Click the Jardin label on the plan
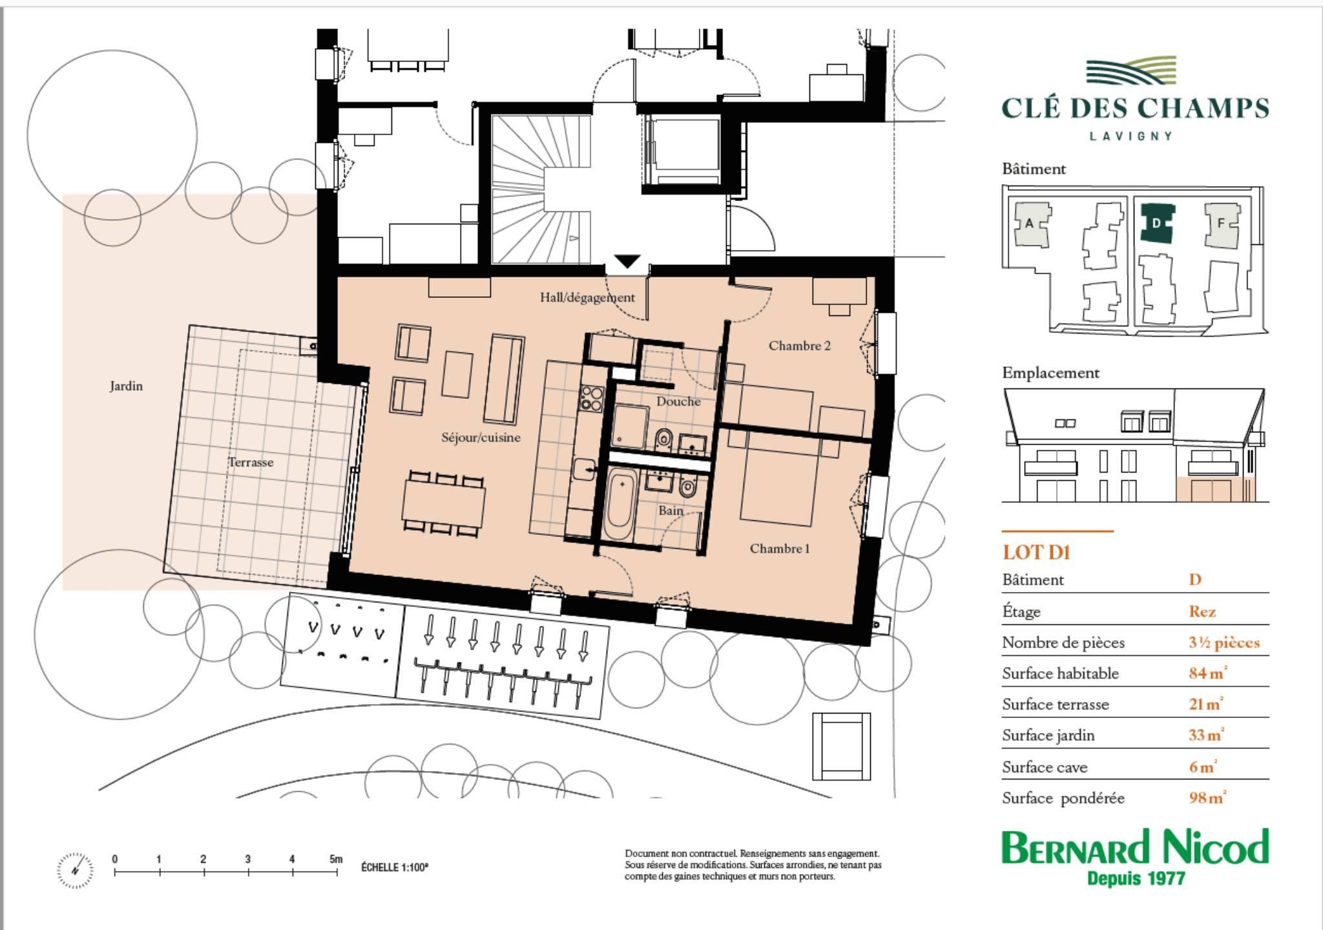pyautogui.click(x=126, y=386)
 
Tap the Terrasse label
pyautogui.click(x=251, y=462)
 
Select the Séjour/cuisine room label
pyautogui.click(x=481, y=438)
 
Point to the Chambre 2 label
pyautogui.click(x=799, y=346)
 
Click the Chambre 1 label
pyautogui.click(x=779, y=549)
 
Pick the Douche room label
pyautogui.click(x=678, y=401)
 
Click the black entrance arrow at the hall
pyautogui.click(x=627, y=262)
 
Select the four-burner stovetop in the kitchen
pyautogui.click(x=591, y=398)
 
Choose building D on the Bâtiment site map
pyautogui.click(x=1157, y=223)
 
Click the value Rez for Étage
pyautogui.click(x=1202, y=611)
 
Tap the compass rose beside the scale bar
pyautogui.click(x=75, y=870)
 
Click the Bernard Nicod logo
pyautogui.click(x=1135, y=857)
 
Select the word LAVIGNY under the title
pyautogui.click(x=1131, y=136)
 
